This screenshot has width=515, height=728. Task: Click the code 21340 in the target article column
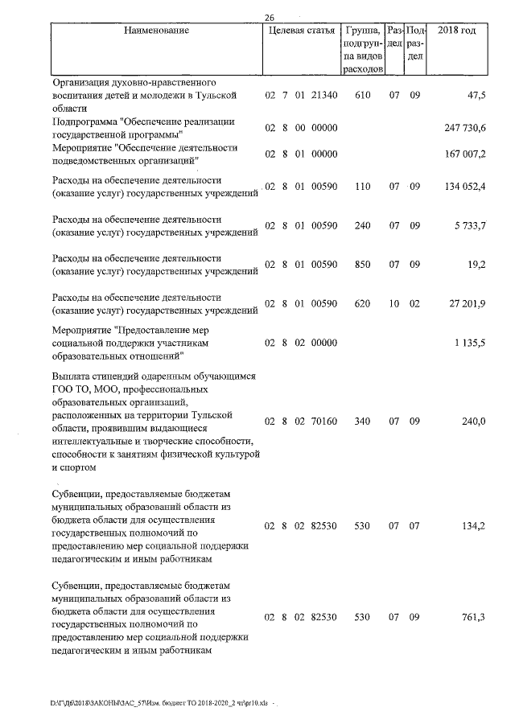coord(323,96)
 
